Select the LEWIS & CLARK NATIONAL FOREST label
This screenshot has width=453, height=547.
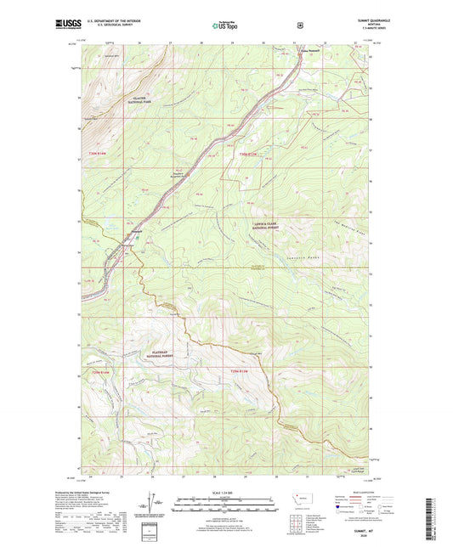tap(266, 225)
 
